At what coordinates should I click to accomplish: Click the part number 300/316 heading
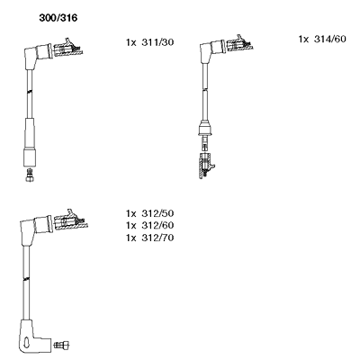click(58, 18)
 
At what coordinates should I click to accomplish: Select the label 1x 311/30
click(149, 42)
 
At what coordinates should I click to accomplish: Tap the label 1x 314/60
click(322, 39)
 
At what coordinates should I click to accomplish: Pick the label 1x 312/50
click(149, 213)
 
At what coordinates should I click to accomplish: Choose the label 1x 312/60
click(149, 225)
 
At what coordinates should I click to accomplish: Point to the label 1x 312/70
click(149, 238)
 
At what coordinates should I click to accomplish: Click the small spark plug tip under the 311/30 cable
click(30, 175)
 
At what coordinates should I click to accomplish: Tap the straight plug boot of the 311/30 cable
click(30, 142)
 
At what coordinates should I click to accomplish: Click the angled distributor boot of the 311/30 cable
click(35, 56)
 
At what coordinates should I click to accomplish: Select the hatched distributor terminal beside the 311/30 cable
click(67, 48)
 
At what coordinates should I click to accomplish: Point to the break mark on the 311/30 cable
click(30, 92)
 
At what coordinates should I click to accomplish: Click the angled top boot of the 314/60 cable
click(211, 50)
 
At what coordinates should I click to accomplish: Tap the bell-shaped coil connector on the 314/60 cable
click(205, 128)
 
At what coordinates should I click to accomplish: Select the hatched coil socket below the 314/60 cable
click(206, 166)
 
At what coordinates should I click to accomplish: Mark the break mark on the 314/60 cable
click(205, 89)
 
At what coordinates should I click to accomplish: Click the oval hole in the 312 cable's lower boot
click(27, 342)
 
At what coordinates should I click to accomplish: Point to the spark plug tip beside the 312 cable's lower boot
click(61, 345)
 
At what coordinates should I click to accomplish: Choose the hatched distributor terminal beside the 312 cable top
click(71, 220)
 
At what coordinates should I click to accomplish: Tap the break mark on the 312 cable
click(26, 280)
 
